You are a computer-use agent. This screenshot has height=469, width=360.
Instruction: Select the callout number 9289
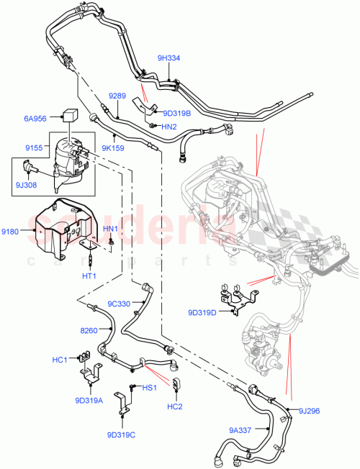[x=117, y=95]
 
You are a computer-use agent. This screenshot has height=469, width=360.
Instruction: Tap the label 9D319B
[x=177, y=112]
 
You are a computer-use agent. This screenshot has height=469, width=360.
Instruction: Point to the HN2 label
[x=169, y=127]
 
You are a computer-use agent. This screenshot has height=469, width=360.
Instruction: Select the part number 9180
[x=12, y=231]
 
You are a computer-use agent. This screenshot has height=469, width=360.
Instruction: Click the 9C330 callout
[x=119, y=304]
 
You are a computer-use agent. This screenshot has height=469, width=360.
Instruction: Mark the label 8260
[x=89, y=329]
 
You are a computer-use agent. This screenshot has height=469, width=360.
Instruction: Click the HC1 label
[x=60, y=360]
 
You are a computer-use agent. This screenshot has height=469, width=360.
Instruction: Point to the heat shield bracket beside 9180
[x=61, y=230]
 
